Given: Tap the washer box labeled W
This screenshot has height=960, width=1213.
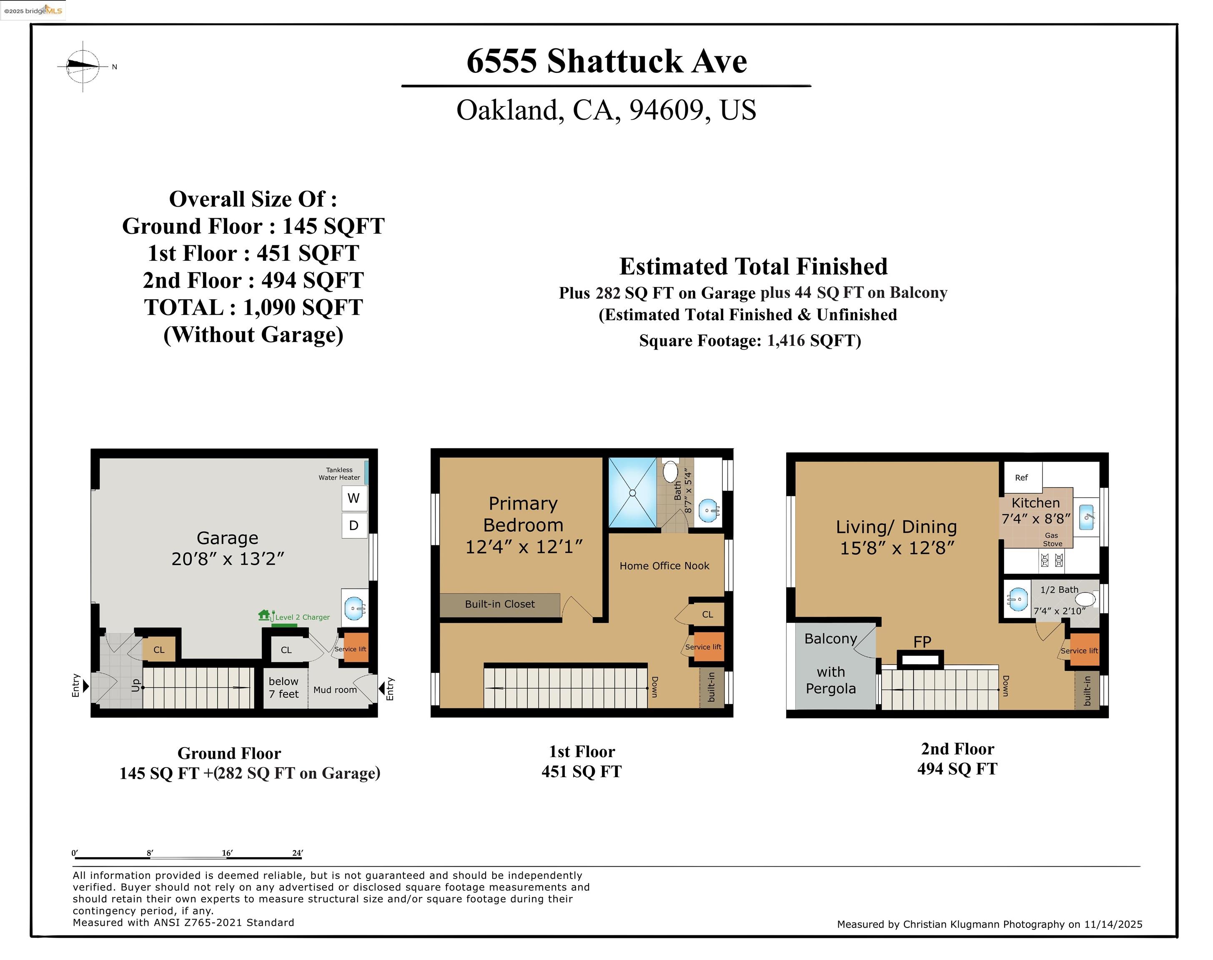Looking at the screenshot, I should coord(354,498).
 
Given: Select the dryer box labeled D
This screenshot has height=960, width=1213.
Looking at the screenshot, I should coord(354,525).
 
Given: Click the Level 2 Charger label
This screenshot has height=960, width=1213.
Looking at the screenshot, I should coord(302,617).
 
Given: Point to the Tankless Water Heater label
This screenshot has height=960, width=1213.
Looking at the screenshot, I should coord(339,474).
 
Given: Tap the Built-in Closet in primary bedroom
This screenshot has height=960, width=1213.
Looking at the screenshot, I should coord(499,604).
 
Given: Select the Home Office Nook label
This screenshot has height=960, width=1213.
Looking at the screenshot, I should coord(664,566).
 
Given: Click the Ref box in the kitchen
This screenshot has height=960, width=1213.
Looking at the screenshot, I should coord(1022,478).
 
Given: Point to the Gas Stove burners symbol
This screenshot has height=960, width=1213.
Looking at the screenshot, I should coord(1052,560).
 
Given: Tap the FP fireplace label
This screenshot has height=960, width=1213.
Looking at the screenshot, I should coord(922,641).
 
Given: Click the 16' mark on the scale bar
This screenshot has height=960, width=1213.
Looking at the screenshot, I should coord(227,853).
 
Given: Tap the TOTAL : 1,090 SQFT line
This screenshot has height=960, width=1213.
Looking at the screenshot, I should coord(253,307).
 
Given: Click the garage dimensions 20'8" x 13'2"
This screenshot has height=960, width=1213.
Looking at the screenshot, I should coord(228,559).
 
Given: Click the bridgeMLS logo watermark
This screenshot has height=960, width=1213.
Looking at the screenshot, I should coord(33,10).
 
